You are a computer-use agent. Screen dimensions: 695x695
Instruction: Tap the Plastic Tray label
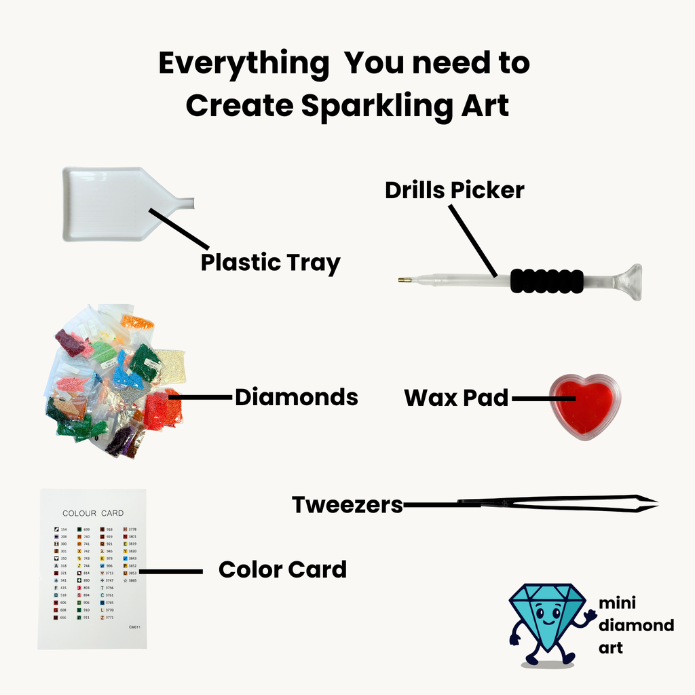pyautogui.click(x=270, y=262)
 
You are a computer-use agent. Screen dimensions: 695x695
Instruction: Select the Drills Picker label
pyautogui.click(x=454, y=190)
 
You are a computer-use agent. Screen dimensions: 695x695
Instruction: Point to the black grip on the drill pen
pyautogui.click(x=546, y=280)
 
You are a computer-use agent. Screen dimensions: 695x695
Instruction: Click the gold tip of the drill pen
pyautogui.click(x=405, y=280)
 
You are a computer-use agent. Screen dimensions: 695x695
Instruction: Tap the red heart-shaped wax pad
pyautogui.click(x=584, y=406)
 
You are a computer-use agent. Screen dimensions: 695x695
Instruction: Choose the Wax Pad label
pyautogui.click(x=456, y=398)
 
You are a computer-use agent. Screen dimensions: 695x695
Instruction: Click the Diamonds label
pyautogui.click(x=296, y=397)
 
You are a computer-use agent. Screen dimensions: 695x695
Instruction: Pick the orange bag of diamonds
pyautogui.click(x=137, y=322)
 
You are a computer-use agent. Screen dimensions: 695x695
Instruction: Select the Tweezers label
pyautogui.click(x=347, y=505)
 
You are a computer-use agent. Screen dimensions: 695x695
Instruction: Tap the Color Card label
pyautogui.click(x=282, y=569)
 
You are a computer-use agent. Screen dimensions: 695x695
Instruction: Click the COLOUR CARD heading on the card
pyautogui.click(x=93, y=513)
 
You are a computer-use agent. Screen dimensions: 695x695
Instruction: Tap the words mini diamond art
pyautogui.click(x=635, y=625)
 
